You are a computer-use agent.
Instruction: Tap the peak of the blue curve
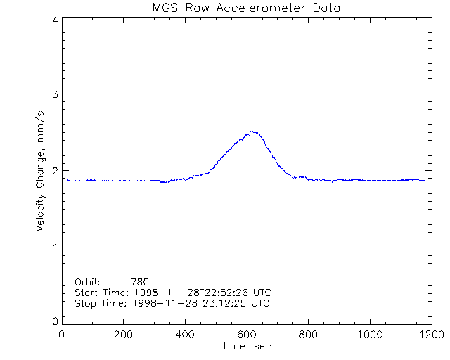click(x=252, y=131)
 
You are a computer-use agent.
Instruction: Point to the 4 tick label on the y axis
click(x=54, y=20)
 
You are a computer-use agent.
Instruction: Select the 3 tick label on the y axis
click(x=54, y=94)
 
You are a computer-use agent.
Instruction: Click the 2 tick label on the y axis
click(x=54, y=171)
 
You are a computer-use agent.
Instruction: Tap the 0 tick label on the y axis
click(x=54, y=321)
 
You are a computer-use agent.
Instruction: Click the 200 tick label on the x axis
click(x=124, y=334)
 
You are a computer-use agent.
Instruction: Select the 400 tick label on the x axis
click(x=186, y=334)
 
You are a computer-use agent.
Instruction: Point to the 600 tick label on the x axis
click(x=247, y=334)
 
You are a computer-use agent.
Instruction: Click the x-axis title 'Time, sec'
click(x=246, y=346)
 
